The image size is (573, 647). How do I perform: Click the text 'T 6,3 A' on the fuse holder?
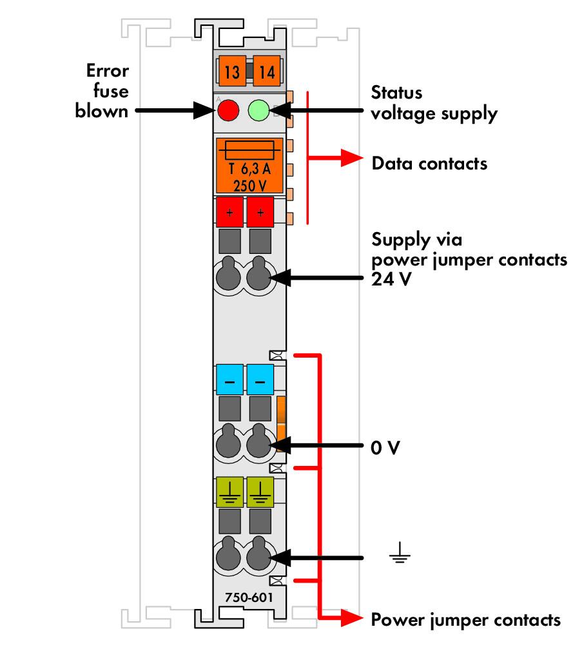[x=248, y=171]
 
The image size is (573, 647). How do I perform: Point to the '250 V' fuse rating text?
[x=248, y=185]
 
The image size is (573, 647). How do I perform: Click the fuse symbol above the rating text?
[x=248, y=151]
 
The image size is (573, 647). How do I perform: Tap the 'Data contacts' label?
[x=429, y=164]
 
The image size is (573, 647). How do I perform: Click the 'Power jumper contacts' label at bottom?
[x=466, y=620]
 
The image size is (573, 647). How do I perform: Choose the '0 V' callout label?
[x=386, y=447]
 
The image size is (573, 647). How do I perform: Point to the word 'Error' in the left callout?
[x=107, y=70]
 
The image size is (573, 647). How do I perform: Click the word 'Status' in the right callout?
[x=397, y=92]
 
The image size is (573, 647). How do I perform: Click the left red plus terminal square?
[x=229, y=212]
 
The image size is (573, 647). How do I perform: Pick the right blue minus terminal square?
[x=260, y=380]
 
